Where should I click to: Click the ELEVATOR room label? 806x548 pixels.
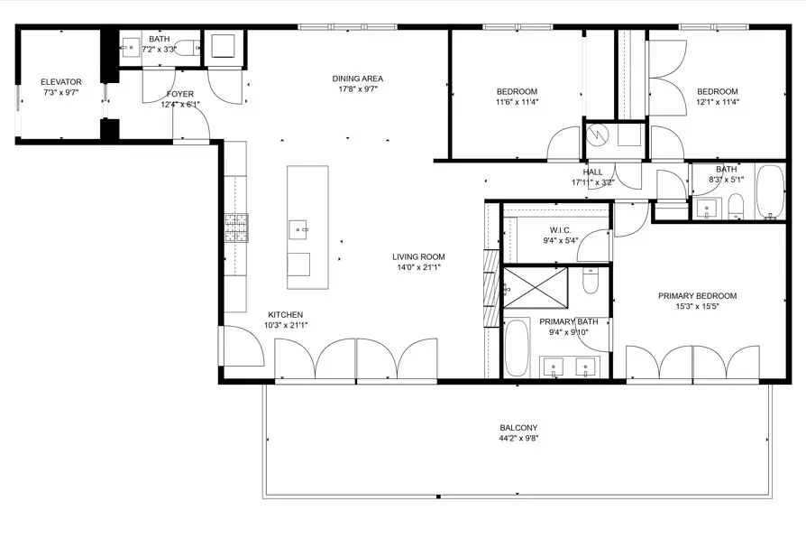point(61,82)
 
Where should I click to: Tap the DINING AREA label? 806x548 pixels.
point(358,79)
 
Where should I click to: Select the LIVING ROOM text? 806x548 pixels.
point(418,256)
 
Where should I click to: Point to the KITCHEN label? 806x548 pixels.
point(286,314)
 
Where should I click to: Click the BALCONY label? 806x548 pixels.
point(518,428)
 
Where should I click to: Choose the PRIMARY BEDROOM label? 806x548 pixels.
point(698,296)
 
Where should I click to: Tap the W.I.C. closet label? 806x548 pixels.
point(560,230)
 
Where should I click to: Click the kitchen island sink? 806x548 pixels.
point(298,229)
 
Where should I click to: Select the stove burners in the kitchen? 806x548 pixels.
point(236,228)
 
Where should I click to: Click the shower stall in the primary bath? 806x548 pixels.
point(536,288)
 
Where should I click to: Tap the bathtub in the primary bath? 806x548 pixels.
point(517,348)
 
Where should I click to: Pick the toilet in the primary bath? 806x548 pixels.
point(591,281)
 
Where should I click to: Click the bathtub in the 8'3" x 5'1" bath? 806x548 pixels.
point(770,191)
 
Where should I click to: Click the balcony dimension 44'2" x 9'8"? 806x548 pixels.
point(518,439)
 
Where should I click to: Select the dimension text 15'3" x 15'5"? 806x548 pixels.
point(698,307)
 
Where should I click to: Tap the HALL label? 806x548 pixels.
point(592,172)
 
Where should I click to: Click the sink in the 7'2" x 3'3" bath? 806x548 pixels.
point(131,48)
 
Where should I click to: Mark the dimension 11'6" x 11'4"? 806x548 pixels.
point(517,102)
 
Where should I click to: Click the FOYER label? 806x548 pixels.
point(180,94)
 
